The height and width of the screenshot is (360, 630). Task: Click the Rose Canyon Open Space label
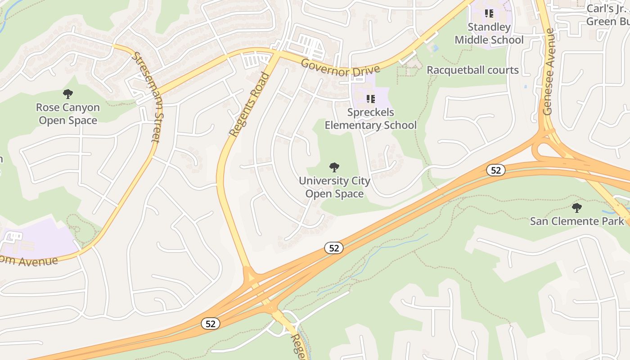click(68, 114)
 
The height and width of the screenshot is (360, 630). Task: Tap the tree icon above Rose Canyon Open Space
click(68, 94)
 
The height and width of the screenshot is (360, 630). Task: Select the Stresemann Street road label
click(146, 97)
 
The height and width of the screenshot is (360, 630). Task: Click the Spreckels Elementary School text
click(370, 119)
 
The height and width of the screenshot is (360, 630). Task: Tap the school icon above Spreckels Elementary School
click(370, 99)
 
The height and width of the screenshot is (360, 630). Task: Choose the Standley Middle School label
click(489, 33)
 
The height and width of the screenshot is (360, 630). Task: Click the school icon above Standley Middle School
click(489, 13)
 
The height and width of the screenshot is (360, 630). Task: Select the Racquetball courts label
click(472, 70)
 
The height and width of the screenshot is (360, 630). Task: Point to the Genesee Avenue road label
click(548, 72)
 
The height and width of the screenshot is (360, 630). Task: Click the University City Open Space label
click(334, 187)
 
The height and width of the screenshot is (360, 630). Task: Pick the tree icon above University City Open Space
click(334, 167)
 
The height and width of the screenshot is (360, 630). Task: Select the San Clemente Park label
click(577, 221)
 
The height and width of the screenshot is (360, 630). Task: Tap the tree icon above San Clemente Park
click(576, 207)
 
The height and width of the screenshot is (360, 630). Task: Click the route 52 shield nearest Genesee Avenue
click(495, 170)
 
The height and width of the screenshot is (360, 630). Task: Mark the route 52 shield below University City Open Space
click(333, 248)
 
